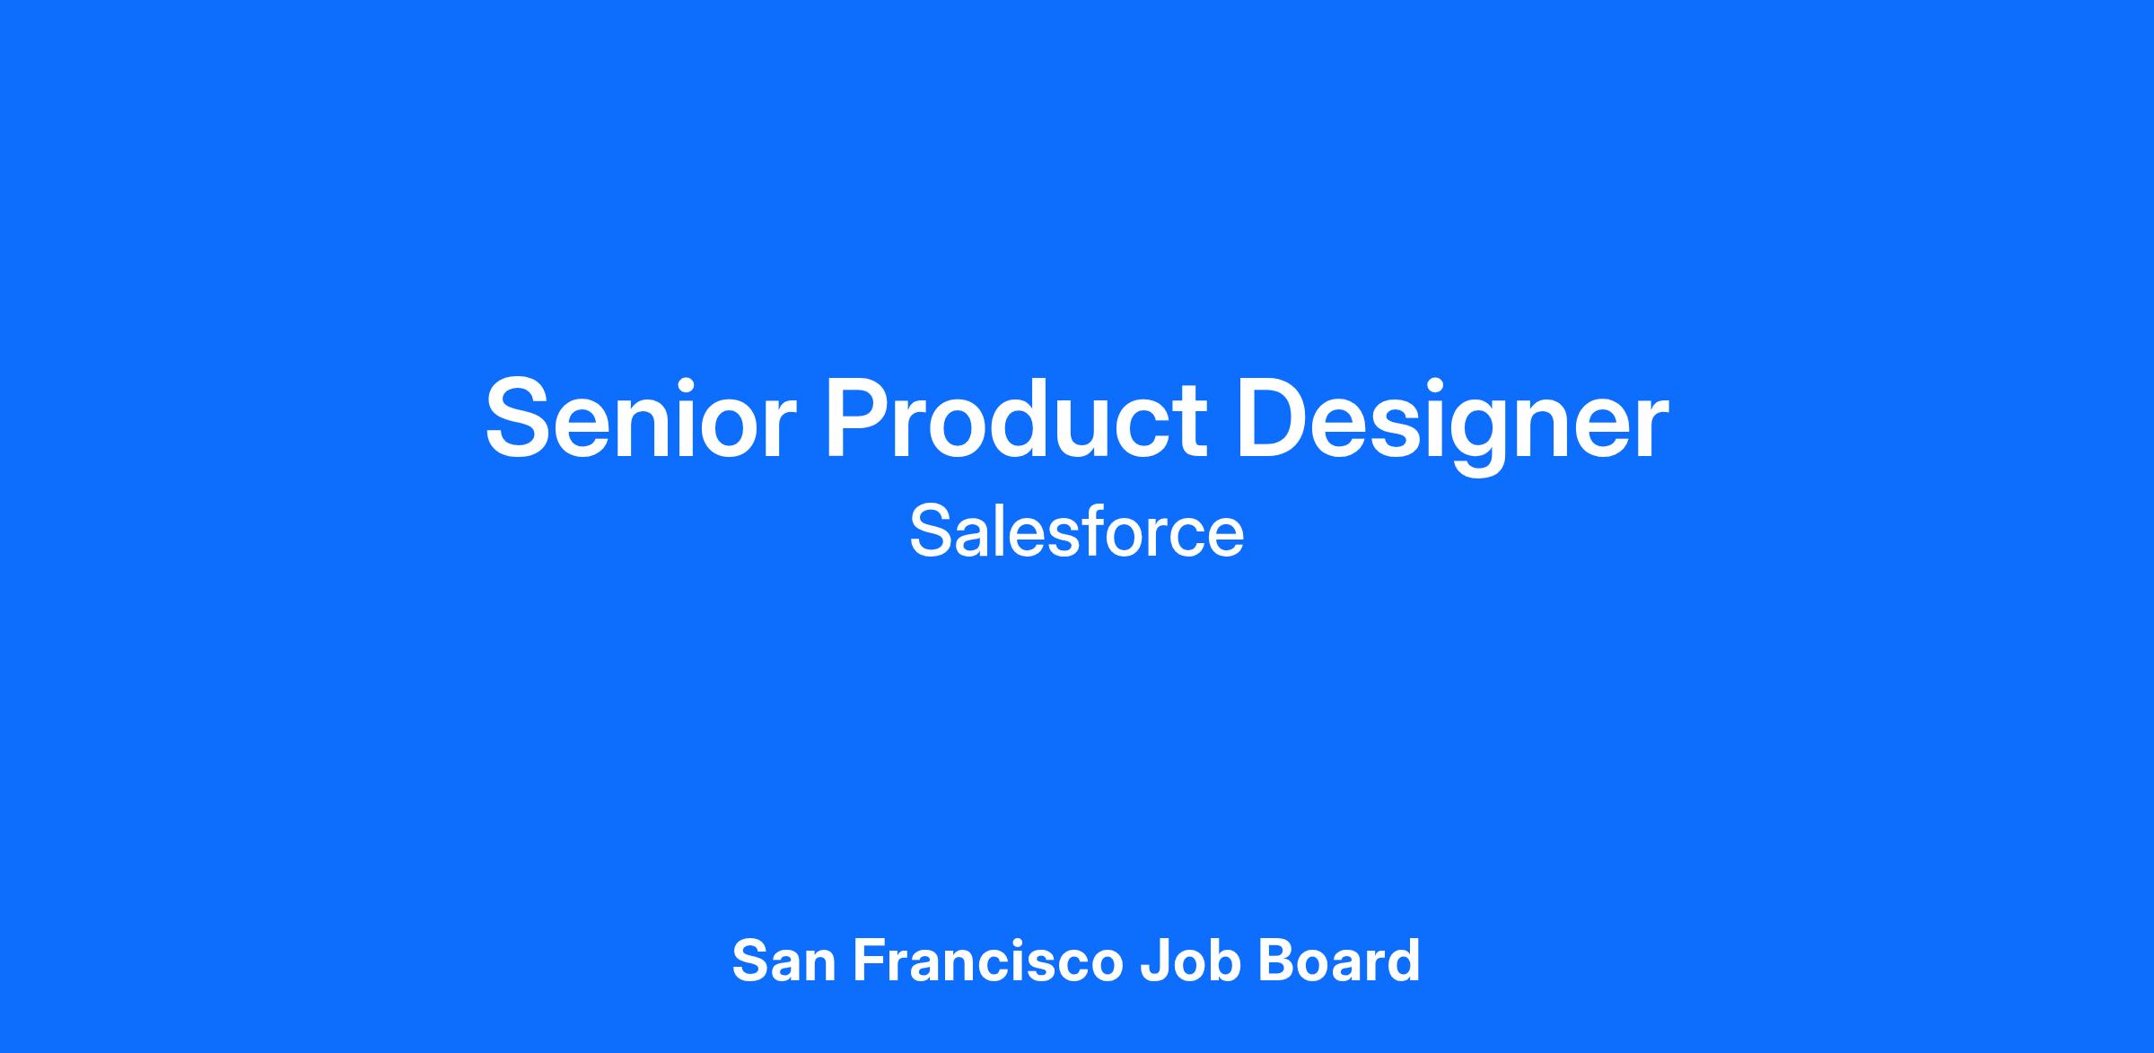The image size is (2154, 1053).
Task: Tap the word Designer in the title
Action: point(1452,423)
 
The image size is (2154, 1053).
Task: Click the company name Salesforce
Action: point(1077,531)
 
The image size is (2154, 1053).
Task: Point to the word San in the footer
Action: point(784,961)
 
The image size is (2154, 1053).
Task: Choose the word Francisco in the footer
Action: point(988,961)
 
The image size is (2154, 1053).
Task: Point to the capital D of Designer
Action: point(1275,418)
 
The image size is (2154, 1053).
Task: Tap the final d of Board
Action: point(1403,961)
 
